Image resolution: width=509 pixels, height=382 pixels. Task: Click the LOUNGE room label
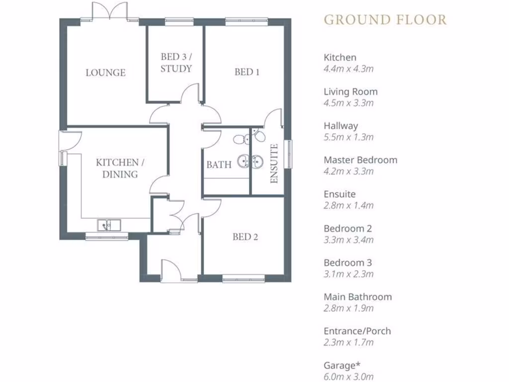tap(105, 73)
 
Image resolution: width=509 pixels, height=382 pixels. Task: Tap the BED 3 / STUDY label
tap(176, 63)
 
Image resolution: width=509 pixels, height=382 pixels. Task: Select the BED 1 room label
tap(247, 72)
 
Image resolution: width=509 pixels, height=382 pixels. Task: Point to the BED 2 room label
tap(245, 237)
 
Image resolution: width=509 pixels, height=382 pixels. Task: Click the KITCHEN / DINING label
tap(117, 168)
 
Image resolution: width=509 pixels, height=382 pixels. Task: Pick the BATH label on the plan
tap(219, 165)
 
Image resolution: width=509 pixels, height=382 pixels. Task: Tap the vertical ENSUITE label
tap(273, 164)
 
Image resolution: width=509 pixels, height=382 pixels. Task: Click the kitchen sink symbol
tap(109, 225)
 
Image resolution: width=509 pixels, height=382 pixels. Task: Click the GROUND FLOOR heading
tap(385, 20)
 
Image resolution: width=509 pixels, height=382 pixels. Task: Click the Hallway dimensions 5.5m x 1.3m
tap(348, 137)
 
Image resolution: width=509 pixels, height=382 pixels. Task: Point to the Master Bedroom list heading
tap(360, 160)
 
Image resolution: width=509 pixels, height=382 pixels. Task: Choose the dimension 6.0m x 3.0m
tap(348, 377)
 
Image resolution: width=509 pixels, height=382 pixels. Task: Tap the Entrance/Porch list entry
tap(356, 331)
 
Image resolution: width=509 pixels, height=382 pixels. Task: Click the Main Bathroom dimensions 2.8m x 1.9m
tap(348, 308)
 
